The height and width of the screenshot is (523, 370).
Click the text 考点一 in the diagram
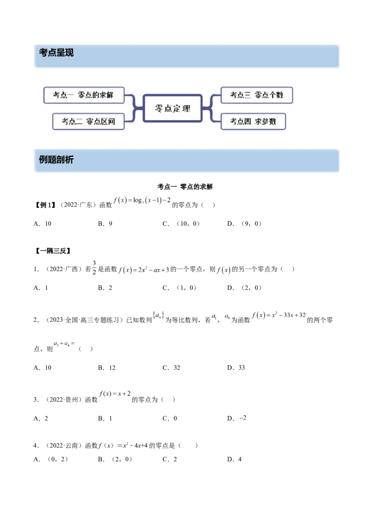[x=63, y=95]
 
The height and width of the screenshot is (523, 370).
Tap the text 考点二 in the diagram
[x=72, y=122]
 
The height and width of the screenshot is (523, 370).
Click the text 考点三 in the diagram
[x=240, y=95]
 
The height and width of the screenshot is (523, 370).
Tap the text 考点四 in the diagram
[x=240, y=122]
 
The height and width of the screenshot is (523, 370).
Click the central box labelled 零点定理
[x=172, y=109]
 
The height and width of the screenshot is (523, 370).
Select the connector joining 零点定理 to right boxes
[x=211, y=109]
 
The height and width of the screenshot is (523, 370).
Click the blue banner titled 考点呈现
[x=185, y=55]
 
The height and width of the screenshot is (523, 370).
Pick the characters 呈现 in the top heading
[x=65, y=53]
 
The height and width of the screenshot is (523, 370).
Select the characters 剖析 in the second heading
[x=65, y=160]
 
